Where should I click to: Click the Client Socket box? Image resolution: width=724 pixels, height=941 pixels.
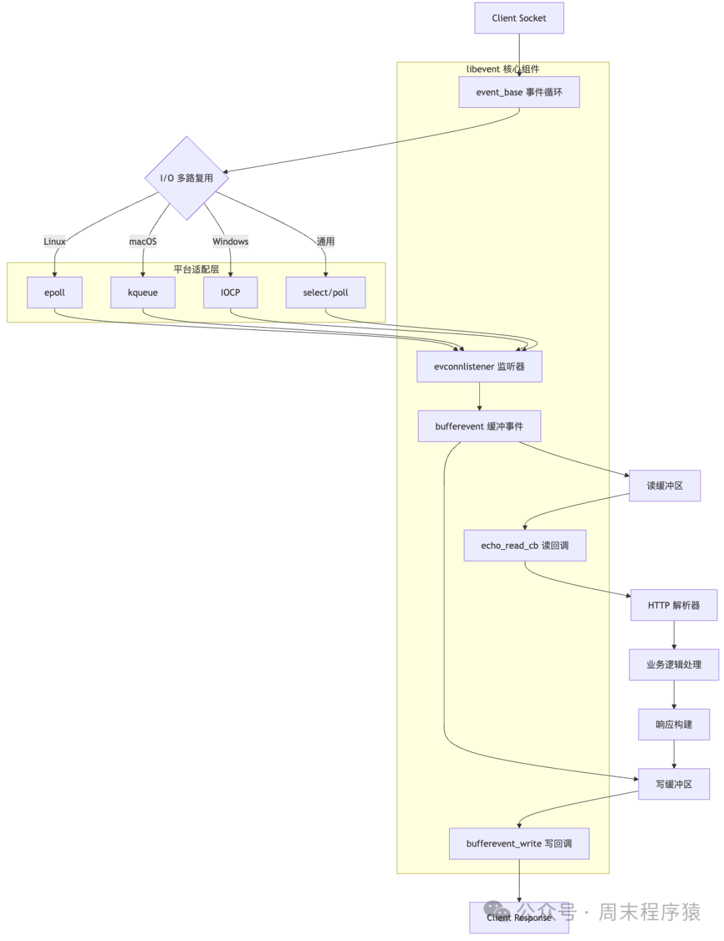click(x=519, y=18)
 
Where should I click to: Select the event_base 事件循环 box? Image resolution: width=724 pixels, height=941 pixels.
click(x=519, y=92)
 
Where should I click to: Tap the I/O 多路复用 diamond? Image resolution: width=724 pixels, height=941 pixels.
click(x=186, y=178)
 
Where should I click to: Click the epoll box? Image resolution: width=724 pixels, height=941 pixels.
click(x=54, y=292)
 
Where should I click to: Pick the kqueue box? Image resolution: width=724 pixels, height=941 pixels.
click(x=143, y=292)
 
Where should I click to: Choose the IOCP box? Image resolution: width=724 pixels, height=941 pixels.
click(x=230, y=292)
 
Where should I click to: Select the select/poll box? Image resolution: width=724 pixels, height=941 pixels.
click(x=325, y=292)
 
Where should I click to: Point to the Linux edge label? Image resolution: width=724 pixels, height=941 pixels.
click(x=54, y=241)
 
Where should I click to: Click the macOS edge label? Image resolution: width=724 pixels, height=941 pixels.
click(x=143, y=241)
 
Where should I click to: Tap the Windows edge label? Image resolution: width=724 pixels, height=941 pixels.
click(x=230, y=241)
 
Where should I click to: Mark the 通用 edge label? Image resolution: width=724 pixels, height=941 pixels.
click(x=325, y=241)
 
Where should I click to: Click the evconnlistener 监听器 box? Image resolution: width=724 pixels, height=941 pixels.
click(x=479, y=366)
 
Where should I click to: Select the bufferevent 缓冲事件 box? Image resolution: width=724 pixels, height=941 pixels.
click(x=479, y=426)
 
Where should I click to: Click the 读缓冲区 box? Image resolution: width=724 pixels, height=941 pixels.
click(x=664, y=486)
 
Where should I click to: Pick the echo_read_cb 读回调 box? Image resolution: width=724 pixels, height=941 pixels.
click(x=524, y=545)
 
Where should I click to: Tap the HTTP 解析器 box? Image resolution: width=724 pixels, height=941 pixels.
click(x=673, y=605)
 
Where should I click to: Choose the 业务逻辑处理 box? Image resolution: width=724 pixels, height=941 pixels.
click(x=673, y=665)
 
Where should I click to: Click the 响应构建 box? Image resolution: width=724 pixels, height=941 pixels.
click(x=673, y=724)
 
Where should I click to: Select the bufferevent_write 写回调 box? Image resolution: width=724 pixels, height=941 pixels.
click(x=519, y=843)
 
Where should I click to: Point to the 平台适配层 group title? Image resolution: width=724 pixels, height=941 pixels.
click(x=196, y=269)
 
